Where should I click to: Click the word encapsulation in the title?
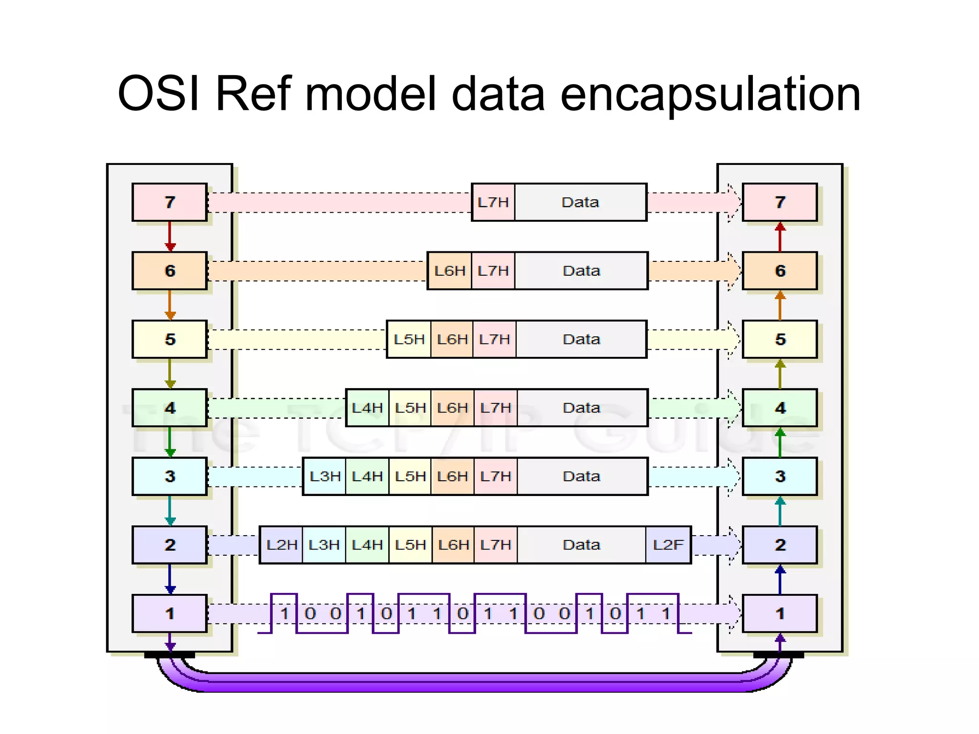(710, 94)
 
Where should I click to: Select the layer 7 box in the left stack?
(170, 202)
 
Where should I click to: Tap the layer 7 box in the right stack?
(780, 202)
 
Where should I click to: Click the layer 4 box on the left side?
(170, 408)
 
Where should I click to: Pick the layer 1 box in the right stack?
(780, 613)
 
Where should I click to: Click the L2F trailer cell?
(668, 545)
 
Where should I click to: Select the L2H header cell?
(282, 545)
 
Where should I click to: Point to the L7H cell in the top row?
(493, 202)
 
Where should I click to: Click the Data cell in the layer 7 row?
(580, 202)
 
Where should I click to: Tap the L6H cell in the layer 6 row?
(449, 271)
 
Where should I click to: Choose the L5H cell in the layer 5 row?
(409, 339)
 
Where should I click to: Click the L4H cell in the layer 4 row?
(367, 408)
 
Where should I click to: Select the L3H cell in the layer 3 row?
(325, 476)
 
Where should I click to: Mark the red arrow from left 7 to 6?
(170, 236)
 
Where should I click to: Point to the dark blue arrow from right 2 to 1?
(780, 580)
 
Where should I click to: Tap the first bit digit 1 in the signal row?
(284, 613)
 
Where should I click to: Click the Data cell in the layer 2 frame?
(581, 545)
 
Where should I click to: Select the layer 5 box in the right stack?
(780, 339)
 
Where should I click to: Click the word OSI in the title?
(158, 94)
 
